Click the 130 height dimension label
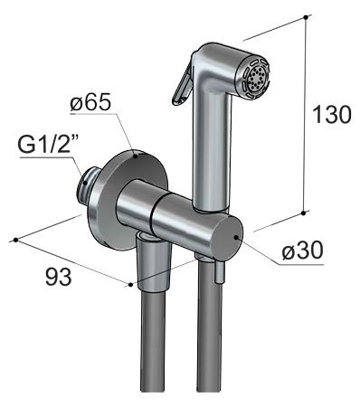coord(332,115)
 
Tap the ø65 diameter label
coord(90,102)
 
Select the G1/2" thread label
coord(49,144)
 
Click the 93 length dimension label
coord(59,277)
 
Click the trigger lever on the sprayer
coord(183,84)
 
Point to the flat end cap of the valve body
coord(229,238)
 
